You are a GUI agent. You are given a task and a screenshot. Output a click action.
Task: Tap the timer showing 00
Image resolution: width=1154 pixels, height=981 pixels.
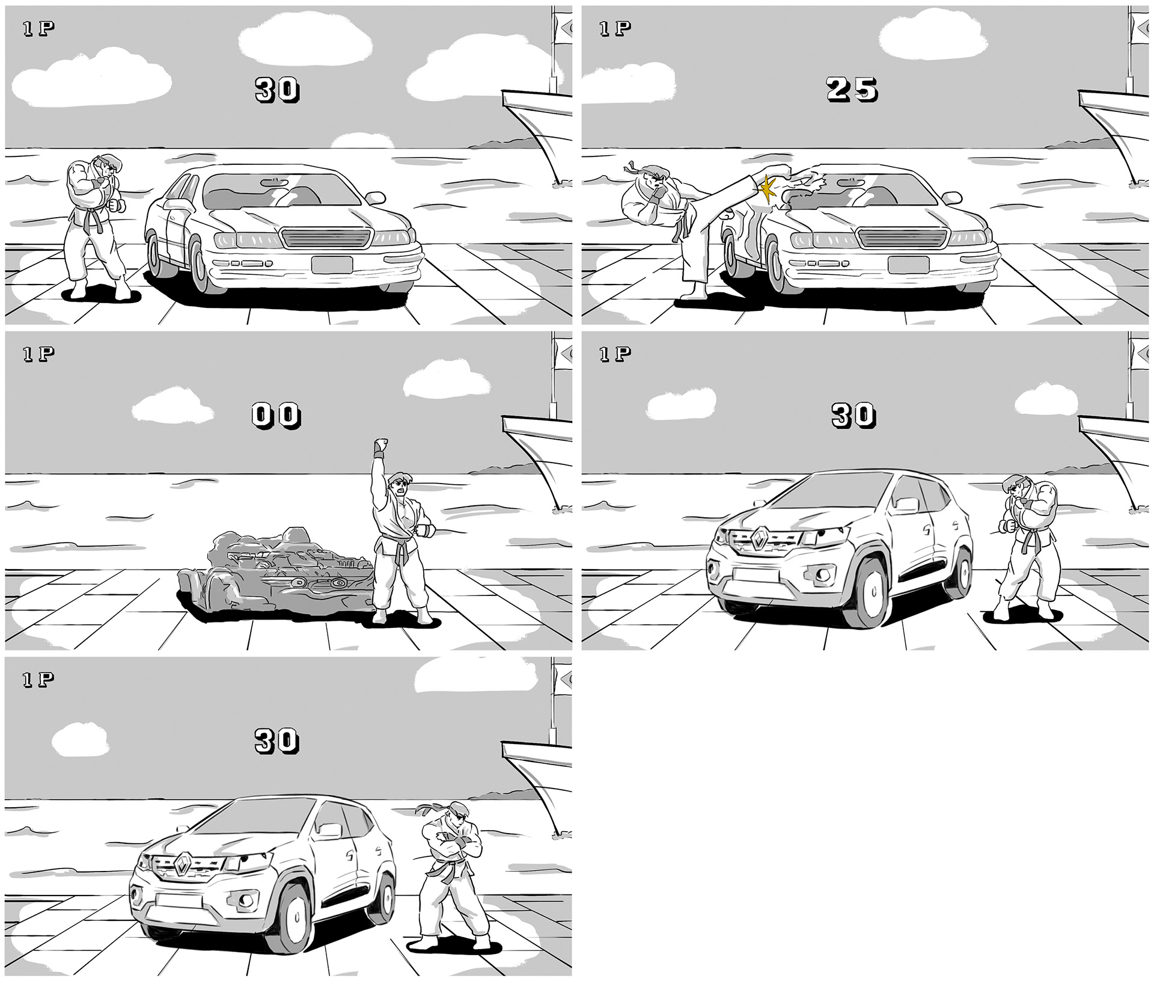click(x=276, y=416)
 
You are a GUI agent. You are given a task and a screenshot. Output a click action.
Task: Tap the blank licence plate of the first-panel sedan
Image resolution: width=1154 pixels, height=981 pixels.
click(x=332, y=264)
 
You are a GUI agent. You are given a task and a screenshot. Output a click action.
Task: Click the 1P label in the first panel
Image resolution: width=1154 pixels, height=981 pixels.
click(x=39, y=29)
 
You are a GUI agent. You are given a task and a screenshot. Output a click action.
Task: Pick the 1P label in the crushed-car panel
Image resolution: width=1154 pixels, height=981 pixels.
click(x=39, y=354)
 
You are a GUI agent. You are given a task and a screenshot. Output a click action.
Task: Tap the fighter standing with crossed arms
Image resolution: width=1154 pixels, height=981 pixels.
click(x=454, y=882)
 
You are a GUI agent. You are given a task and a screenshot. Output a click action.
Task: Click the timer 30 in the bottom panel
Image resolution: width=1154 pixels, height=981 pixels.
click(x=276, y=741)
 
